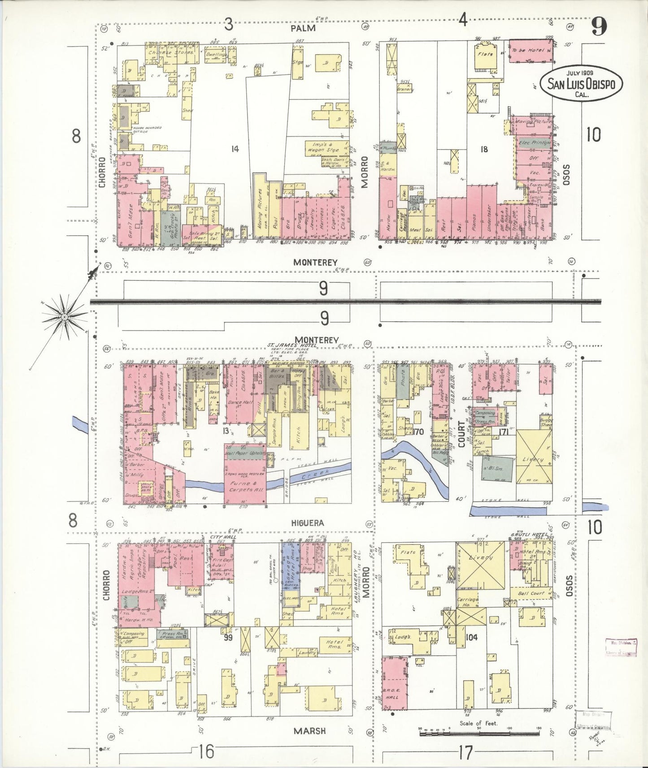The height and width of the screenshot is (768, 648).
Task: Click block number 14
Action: coord(235,149)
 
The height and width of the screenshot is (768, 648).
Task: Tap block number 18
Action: coord(483,149)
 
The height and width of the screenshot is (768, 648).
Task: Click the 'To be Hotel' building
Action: coord(531,51)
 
